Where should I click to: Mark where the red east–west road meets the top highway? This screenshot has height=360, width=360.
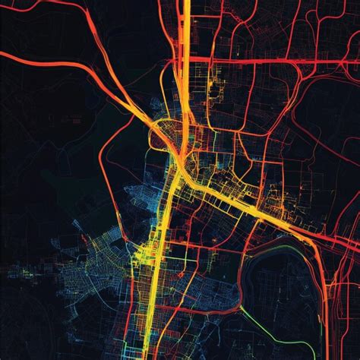pyautogui.click(x=185, y=59)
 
